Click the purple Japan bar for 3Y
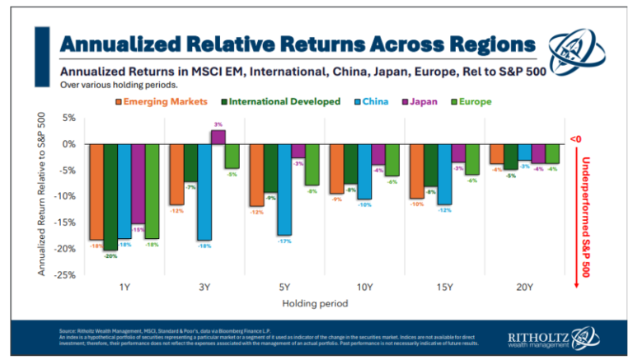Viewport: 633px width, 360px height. pos(218,137)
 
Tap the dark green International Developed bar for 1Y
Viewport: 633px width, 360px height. pos(110,197)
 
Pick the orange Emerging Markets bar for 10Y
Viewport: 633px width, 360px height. pos(336,169)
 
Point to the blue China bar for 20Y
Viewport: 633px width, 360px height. pos(523,152)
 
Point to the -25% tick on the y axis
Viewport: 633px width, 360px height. pos(64,274)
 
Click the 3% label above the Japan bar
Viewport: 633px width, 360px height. pos(218,124)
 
